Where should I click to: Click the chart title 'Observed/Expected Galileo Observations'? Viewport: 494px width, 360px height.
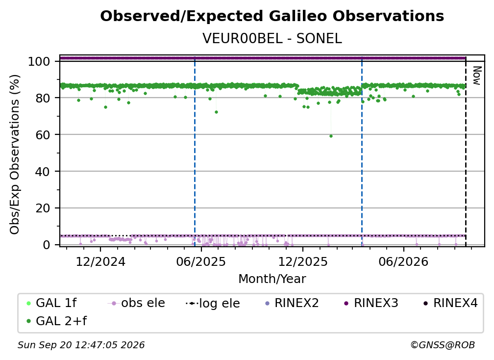272,16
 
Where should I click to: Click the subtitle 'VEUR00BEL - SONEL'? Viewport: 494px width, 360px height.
272,39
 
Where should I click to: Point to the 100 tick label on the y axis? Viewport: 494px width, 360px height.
39,61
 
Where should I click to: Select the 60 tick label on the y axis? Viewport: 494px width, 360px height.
43,134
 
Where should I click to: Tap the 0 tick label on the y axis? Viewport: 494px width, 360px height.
47,245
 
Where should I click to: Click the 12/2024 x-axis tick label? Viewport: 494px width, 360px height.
100,261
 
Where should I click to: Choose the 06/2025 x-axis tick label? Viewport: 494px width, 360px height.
201,261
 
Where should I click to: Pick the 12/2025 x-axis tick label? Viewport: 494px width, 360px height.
303,261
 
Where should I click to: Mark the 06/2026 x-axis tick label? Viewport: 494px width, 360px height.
404,261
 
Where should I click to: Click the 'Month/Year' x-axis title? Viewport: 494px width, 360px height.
272,279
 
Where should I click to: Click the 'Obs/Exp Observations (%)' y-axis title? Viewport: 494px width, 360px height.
15,154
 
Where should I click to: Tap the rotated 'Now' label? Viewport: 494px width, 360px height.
477,76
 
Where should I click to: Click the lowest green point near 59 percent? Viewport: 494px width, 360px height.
331,136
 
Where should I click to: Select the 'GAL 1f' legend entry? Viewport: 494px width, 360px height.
51,303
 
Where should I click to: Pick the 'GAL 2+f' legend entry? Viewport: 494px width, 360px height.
56,321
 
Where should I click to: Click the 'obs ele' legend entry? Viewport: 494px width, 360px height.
136,303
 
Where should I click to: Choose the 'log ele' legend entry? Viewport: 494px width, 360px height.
213,303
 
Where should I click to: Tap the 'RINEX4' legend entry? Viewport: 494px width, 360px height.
450,303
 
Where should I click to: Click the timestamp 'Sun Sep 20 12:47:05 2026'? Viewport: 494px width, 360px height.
81,345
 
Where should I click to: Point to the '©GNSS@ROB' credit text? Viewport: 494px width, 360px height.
443,345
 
